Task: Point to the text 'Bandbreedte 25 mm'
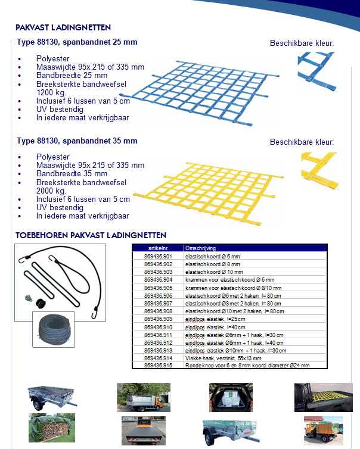point(72,76)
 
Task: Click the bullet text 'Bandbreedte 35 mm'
point(72,174)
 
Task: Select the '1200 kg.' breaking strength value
point(52,93)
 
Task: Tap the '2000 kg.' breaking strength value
point(52,191)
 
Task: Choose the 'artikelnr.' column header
point(157,248)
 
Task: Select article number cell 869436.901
point(158,255)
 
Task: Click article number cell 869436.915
point(158,365)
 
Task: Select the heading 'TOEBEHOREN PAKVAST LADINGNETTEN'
point(91,236)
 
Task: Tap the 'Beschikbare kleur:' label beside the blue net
point(302,43)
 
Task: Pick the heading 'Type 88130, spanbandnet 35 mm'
point(77,141)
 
